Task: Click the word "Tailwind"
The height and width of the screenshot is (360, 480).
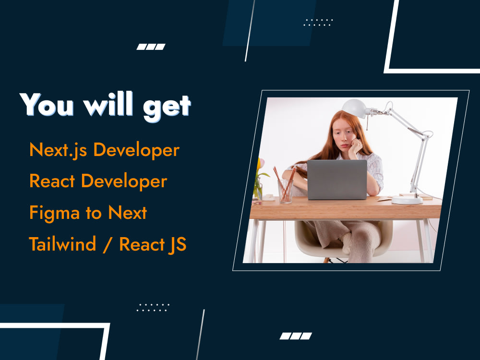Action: point(62,244)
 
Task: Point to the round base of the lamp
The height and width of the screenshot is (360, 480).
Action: point(407,200)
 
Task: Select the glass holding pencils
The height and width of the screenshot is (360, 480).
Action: point(285,191)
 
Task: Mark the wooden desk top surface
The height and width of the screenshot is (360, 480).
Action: point(346,209)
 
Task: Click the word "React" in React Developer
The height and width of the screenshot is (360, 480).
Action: point(52,182)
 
